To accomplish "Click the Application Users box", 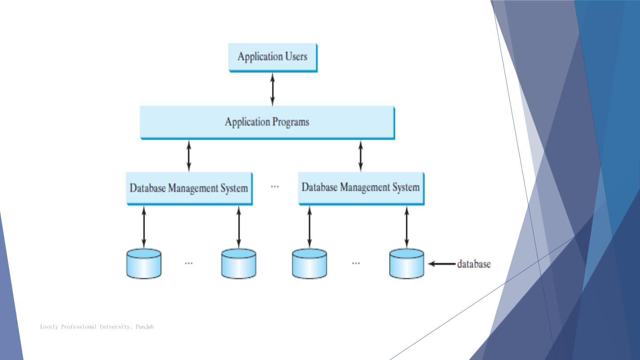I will (272, 57).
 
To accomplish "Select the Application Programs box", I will (267, 122).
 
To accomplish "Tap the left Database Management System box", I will (189, 188).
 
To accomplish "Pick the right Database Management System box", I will (360, 188).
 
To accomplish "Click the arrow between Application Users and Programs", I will (272, 89).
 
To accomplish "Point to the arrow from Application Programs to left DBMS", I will (189, 156).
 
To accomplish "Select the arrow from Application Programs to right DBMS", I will (360, 156).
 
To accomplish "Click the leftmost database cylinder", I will (144, 264).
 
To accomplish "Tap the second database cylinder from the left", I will (239, 264).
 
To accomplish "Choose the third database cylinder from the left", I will (310, 264).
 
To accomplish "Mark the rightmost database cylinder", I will (407, 264).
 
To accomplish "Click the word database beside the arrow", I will (474, 264).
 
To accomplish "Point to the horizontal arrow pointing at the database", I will (442, 264).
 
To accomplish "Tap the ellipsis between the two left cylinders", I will (189, 263).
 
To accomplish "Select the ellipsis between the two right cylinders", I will (356, 263).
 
